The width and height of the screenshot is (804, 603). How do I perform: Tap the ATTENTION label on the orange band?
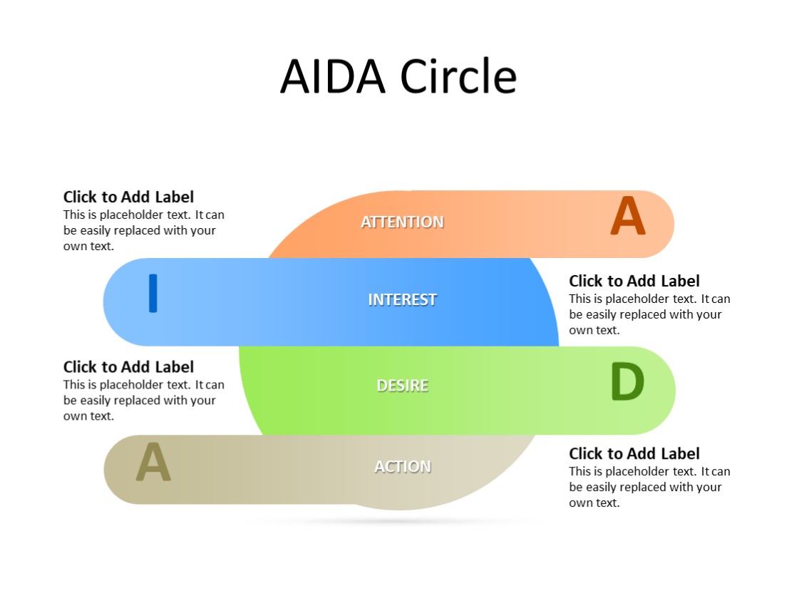point(402,222)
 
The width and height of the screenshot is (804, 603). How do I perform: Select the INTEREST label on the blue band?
point(402,299)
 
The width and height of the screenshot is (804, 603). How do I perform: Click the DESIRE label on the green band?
point(402,386)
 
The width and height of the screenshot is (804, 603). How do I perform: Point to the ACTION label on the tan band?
point(403,466)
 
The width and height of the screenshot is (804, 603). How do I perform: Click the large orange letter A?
point(627,217)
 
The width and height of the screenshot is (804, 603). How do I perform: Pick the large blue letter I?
point(153,293)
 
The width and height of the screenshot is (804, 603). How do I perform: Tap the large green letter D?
point(627,383)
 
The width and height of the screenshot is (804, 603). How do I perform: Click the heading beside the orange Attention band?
point(128,197)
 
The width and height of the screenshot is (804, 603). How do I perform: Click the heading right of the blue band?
point(634,281)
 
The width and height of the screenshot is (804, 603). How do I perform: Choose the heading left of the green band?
point(128,367)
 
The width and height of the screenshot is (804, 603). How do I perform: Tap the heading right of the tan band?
point(634,453)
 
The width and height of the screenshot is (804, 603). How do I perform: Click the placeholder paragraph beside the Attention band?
point(143,230)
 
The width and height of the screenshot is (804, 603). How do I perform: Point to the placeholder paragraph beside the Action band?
point(649,487)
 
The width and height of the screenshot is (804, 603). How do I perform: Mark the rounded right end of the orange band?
point(659,224)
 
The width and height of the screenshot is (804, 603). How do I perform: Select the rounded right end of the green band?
point(661,391)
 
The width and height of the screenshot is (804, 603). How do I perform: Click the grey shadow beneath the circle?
point(399,521)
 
